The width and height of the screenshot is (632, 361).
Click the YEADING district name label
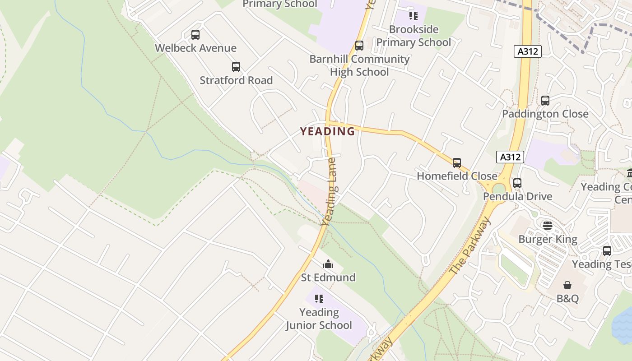[x=328, y=131]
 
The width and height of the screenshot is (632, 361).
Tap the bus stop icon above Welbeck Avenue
[x=195, y=35]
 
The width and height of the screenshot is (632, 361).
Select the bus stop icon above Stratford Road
[x=236, y=67]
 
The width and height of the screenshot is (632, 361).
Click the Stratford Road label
[x=236, y=80]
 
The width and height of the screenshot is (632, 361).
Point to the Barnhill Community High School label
[x=359, y=65]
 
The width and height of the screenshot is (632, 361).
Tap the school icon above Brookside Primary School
[x=413, y=16]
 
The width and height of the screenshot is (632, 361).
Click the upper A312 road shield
[x=527, y=51]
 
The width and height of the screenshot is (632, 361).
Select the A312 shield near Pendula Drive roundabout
[x=510, y=157]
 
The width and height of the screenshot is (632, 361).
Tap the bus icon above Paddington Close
[x=545, y=101]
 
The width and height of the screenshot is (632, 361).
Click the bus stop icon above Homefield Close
[x=457, y=163]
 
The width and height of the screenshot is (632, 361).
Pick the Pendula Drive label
[x=517, y=197]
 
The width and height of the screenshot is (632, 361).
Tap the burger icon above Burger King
[x=548, y=226]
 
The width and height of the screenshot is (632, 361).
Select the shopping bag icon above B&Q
[x=567, y=285]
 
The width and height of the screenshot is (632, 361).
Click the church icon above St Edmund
[x=328, y=264]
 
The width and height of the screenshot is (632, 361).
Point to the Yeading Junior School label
[x=319, y=319]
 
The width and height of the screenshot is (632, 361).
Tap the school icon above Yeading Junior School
[x=319, y=299]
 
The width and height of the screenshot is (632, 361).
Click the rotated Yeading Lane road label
[x=329, y=192]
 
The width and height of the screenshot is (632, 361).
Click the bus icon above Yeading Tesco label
[x=607, y=251]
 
